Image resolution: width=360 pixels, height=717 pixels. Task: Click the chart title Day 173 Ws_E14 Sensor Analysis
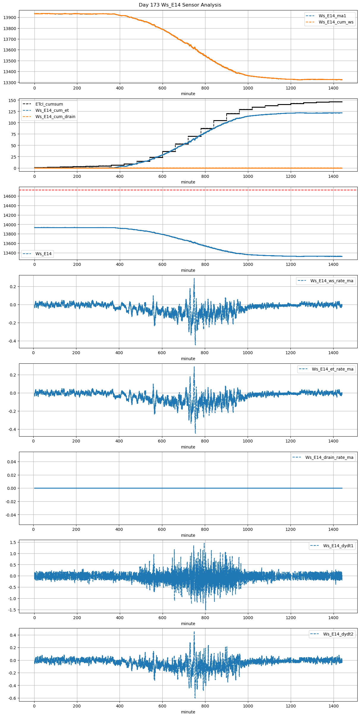(x=180, y=5)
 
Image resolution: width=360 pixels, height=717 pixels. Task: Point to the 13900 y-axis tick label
(x=10, y=18)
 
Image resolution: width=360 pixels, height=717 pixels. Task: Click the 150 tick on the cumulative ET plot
(x=12, y=101)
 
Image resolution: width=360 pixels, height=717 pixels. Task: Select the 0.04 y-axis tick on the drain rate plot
(x=12, y=462)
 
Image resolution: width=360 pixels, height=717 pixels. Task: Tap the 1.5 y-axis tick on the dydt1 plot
(x=13, y=542)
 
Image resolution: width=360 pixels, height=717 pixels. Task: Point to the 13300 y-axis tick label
(x=10, y=82)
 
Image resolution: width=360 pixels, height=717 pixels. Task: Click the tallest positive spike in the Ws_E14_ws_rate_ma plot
(x=194, y=279)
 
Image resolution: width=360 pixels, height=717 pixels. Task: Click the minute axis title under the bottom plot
(x=188, y=712)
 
